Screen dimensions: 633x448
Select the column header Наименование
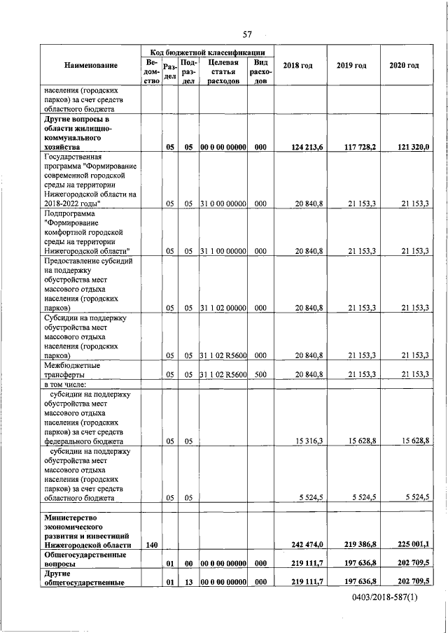(x=91, y=66)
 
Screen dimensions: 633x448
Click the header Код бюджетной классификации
(x=207, y=52)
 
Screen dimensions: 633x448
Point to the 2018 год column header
(x=297, y=66)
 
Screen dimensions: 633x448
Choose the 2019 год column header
(x=351, y=66)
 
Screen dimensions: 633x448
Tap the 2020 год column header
(x=405, y=66)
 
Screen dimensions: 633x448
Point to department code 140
(x=151, y=544)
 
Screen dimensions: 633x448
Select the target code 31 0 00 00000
(x=223, y=203)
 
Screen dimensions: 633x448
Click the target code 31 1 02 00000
(x=223, y=307)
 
